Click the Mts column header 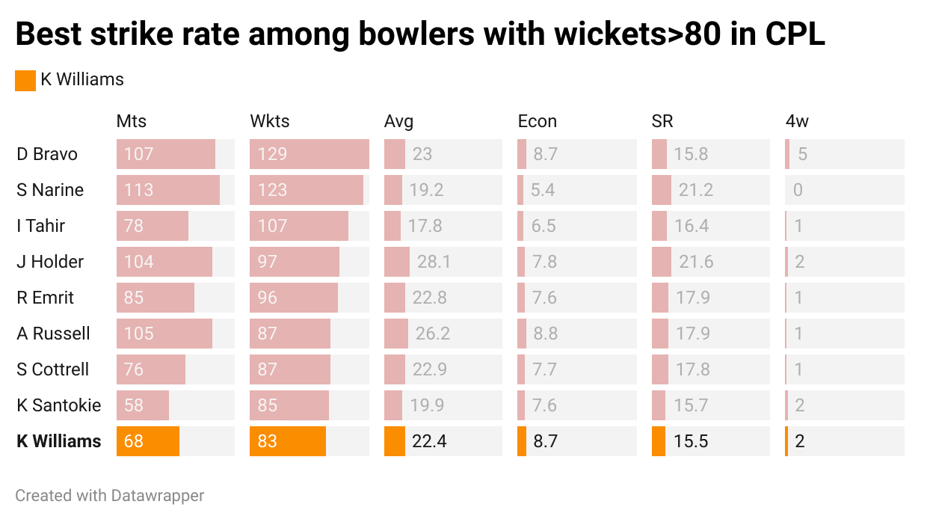(132, 121)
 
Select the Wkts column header (269, 121)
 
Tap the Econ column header (537, 121)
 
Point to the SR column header (662, 121)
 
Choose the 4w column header (796, 121)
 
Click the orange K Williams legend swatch (25, 80)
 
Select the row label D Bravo (47, 154)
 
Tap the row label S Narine (50, 190)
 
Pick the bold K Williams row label (59, 441)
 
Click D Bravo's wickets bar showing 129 (309, 154)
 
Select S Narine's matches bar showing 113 (168, 190)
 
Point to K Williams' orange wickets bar (288, 441)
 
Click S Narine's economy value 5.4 (543, 190)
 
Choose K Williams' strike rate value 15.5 (690, 441)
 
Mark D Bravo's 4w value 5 (802, 154)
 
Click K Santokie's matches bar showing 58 (143, 405)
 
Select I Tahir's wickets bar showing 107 (299, 226)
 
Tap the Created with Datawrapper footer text (110, 495)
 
